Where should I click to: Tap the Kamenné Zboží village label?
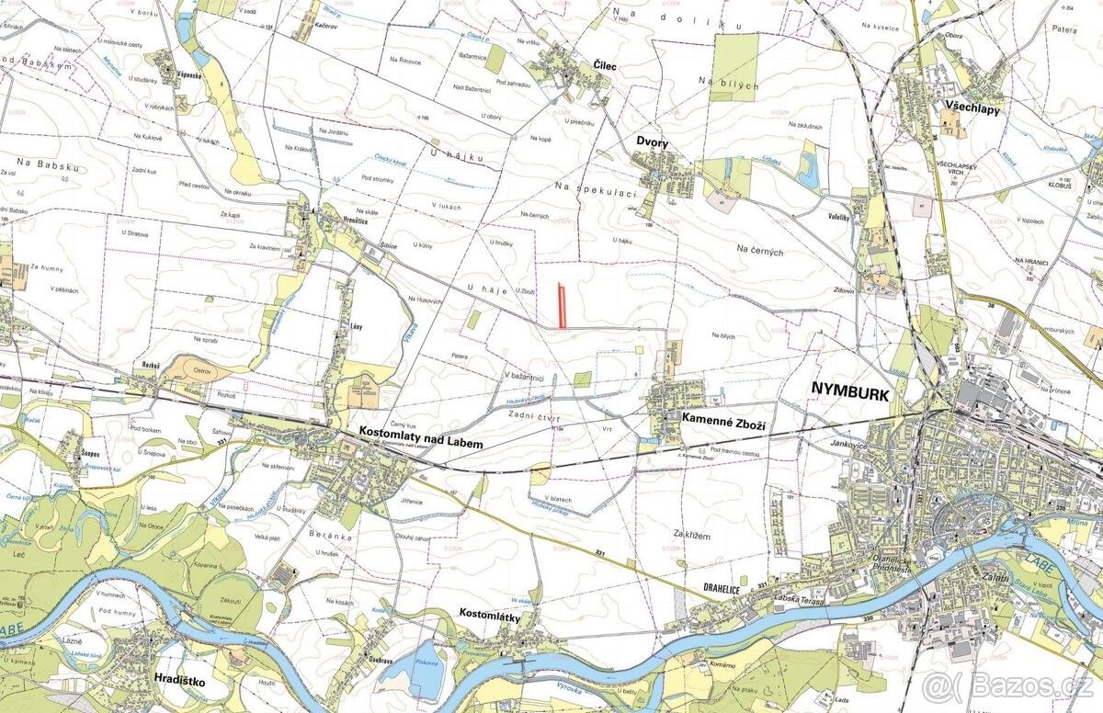[x=723, y=417]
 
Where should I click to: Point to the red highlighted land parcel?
[x=563, y=305]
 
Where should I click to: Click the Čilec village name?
[x=604, y=66]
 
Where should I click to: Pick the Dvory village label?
[x=652, y=142]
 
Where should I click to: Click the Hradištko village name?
[x=182, y=683]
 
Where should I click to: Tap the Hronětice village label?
[x=337, y=221]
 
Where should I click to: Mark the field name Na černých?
[x=759, y=251]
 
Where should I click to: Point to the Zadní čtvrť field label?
[x=534, y=416]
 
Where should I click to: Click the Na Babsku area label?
[x=45, y=163]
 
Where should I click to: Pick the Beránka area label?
[x=331, y=534]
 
